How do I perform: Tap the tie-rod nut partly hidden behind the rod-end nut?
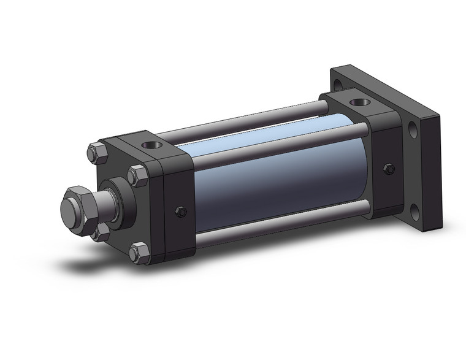click(100, 232)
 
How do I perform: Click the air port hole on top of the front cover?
click(151, 147)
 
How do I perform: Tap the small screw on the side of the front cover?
click(180, 212)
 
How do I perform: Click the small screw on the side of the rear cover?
click(388, 169)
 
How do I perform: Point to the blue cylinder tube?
click(276, 178)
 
